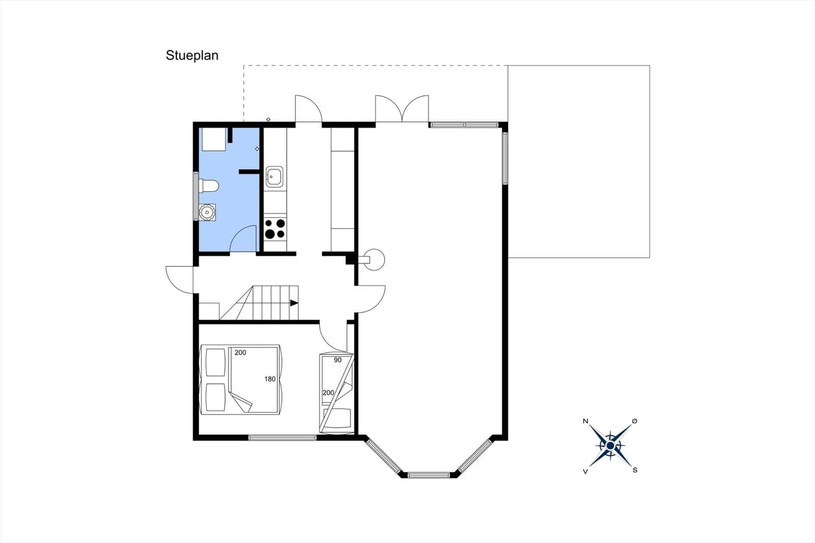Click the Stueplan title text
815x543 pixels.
[192, 56]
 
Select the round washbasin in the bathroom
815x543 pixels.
[207, 212]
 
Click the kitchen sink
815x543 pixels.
[275, 177]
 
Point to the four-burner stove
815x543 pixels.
[275, 229]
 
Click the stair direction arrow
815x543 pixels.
[294, 303]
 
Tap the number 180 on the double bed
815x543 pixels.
[270, 379]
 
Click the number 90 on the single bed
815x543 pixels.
[338, 360]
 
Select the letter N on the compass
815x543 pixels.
[585, 421]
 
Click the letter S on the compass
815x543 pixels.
[635, 470]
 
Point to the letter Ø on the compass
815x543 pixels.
[635, 421]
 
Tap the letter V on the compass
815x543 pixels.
[585, 472]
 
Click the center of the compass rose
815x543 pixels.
[611, 446]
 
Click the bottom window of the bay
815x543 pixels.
[428, 475]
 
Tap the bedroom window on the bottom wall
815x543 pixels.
[282, 438]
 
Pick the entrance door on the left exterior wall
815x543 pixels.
[179, 280]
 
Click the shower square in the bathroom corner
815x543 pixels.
[212, 139]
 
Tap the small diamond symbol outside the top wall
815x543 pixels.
[268, 119]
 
